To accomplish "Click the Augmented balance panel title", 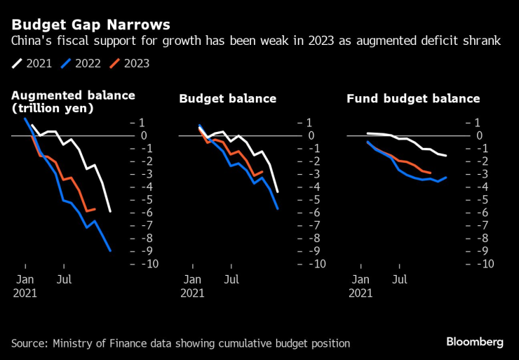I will (73, 102).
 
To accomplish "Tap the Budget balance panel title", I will (228, 99).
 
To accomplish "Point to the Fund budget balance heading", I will (413, 99).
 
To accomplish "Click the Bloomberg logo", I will (475, 342).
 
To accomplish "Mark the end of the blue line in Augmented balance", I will (110, 251).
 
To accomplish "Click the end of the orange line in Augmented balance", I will (95, 209).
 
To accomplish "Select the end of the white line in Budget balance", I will (278, 192).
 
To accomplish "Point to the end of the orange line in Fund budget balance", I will (431, 173).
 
